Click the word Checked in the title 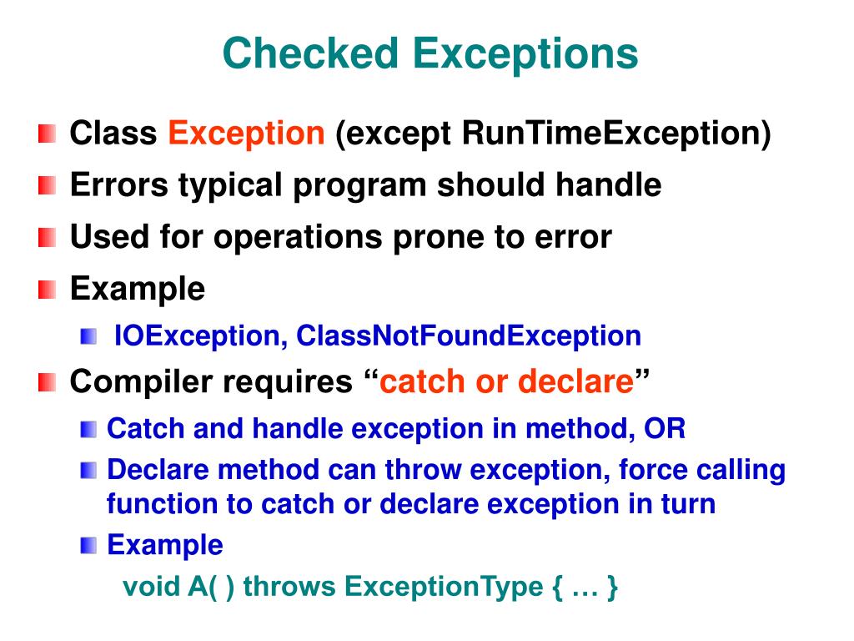pyautogui.click(x=310, y=53)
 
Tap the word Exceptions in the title pyautogui.click(x=525, y=54)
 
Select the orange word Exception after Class pyautogui.click(x=246, y=134)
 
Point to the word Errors pyautogui.click(x=118, y=184)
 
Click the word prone pyautogui.click(x=438, y=238)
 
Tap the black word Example pyautogui.click(x=138, y=288)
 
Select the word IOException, pyautogui.click(x=200, y=336)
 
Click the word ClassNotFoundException pyautogui.click(x=469, y=336)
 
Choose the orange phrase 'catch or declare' pyautogui.click(x=506, y=381)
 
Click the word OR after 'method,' pyautogui.click(x=665, y=428)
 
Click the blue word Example pyautogui.click(x=165, y=545)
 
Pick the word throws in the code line pyautogui.click(x=289, y=587)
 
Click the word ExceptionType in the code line pyautogui.click(x=444, y=587)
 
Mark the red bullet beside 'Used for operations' pyautogui.click(x=48, y=238)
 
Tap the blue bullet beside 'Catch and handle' pyautogui.click(x=88, y=430)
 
